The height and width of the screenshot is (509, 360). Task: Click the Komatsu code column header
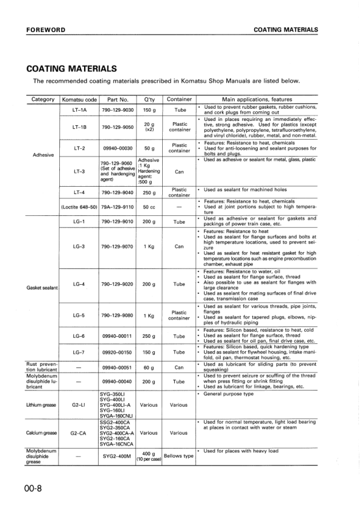coord(79,99)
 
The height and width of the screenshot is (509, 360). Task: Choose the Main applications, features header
coord(257,99)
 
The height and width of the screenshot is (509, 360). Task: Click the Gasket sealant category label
coord(42,287)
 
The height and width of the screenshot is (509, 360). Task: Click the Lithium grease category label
coord(42,404)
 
